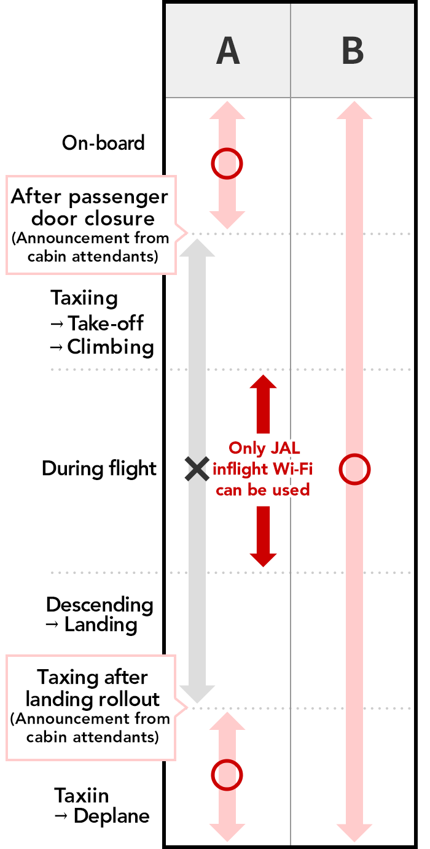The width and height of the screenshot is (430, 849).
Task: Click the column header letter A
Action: [228, 52]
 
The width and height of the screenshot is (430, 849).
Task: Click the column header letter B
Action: [353, 52]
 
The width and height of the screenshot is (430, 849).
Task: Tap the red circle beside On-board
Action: [227, 163]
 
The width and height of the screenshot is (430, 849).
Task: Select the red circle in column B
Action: [354, 470]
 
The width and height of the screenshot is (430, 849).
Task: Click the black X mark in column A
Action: [197, 470]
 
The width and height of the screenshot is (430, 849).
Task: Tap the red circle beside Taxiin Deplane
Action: [227, 774]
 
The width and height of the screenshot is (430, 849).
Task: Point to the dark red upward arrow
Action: [263, 402]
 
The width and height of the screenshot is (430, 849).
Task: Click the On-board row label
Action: [103, 143]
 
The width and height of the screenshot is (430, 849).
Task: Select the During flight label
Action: [100, 469]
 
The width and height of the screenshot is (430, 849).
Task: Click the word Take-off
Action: [106, 323]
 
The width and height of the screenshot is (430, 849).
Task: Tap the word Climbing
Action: [111, 347]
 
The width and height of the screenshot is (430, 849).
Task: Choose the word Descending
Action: [100, 605]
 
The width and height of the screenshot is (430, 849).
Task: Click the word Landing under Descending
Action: [101, 626]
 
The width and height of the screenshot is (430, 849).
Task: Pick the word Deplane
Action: [111, 816]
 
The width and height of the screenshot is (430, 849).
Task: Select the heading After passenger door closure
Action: [90, 208]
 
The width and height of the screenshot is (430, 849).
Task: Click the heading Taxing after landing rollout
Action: [92, 688]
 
